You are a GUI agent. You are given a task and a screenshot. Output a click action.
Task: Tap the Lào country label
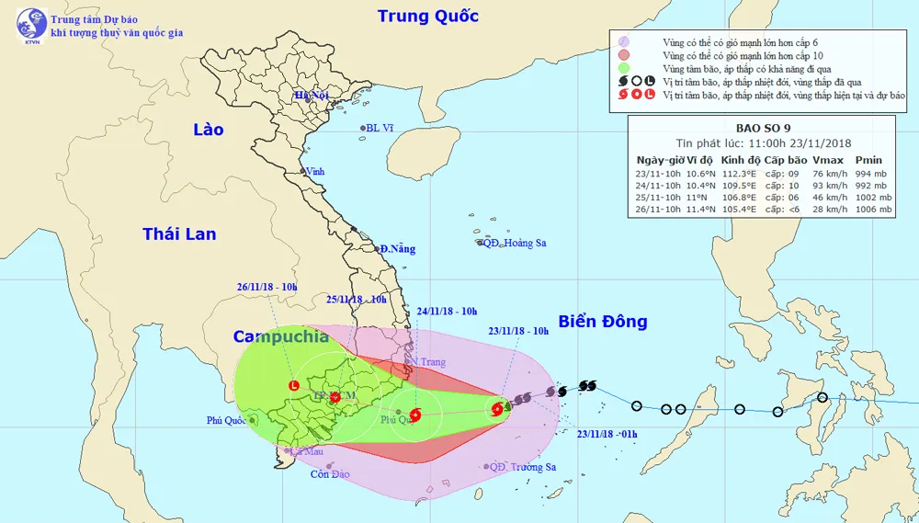pyautogui.click(x=208, y=130)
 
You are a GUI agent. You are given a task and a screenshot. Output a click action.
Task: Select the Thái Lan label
pyautogui.click(x=179, y=234)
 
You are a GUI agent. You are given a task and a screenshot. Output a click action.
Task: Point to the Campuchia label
pyautogui.click(x=280, y=336)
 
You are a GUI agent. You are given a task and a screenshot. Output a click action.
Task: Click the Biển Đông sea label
pyautogui.click(x=603, y=322)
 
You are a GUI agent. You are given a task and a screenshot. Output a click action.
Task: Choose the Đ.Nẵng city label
pyautogui.click(x=397, y=249)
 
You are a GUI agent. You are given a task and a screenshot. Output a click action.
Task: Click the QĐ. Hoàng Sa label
pyautogui.click(x=516, y=243)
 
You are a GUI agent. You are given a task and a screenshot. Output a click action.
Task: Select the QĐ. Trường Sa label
pyautogui.click(x=523, y=467)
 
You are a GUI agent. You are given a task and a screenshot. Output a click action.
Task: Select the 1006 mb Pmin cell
pyautogui.click(x=873, y=210)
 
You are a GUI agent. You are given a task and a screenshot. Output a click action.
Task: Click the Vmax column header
pyautogui.click(x=828, y=159)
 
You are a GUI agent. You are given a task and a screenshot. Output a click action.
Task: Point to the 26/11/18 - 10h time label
pyautogui.click(x=267, y=287)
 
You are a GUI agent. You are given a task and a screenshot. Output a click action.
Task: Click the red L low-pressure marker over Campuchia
pyautogui.click(x=294, y=386)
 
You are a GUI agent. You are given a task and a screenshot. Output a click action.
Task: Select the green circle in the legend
pyautogui.click(x=623, y=67)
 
